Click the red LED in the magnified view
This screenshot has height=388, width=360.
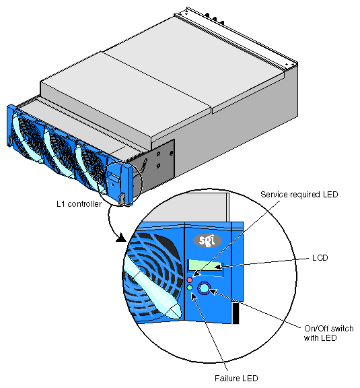tap(190, 280)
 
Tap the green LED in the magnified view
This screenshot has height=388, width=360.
tap(190, 287)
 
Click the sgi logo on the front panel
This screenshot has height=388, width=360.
tap(207, 240)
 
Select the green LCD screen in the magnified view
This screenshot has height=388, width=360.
tap(206, 265)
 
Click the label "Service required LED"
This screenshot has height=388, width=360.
tap(299, 195)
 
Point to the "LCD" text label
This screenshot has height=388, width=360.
tap(320, 258)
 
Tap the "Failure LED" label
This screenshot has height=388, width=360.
tap(236, 379)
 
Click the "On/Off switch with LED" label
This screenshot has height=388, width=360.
tap(328, 333)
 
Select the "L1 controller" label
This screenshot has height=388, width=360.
tap(79, 204)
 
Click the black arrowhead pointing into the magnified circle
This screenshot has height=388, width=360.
tap(121, 238)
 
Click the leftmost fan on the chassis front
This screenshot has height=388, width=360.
tap(27, 137)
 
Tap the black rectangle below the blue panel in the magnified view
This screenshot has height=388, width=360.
tap(236, 313)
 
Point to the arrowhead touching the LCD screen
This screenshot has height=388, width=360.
tap(218, 267)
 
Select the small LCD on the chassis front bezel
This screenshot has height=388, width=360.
tap(114, 177)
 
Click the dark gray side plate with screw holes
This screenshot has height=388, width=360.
tap(153, 164)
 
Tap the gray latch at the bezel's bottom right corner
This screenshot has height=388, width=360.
tap(122, 199)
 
